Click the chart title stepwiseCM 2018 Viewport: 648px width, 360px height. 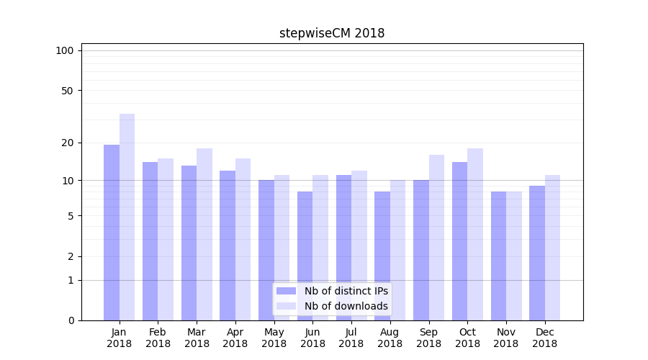(332, 33)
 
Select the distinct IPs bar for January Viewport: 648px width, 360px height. (112, 232)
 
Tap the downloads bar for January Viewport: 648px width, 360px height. (127, 217)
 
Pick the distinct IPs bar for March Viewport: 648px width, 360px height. (189, 243)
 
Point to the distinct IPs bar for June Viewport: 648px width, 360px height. (305, 256)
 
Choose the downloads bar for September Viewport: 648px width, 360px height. (436, 238)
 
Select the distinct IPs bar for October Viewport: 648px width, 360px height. (459, 241)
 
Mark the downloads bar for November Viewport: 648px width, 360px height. (514, 256)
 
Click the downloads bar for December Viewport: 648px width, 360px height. (553, 248)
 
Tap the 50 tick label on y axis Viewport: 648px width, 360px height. (67, 91)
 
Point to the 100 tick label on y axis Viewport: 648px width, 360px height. (65, 50)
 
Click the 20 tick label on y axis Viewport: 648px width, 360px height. (68, 143)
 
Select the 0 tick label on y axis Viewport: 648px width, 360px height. (71, 320)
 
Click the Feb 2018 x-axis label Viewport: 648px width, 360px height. (158, 338)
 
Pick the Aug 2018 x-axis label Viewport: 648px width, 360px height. (390, 338)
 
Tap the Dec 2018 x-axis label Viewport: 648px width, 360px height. (544, 338)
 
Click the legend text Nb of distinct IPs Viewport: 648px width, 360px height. (346, 291)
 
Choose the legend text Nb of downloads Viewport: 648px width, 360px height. (346, 306)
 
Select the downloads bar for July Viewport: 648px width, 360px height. (359, 246)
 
